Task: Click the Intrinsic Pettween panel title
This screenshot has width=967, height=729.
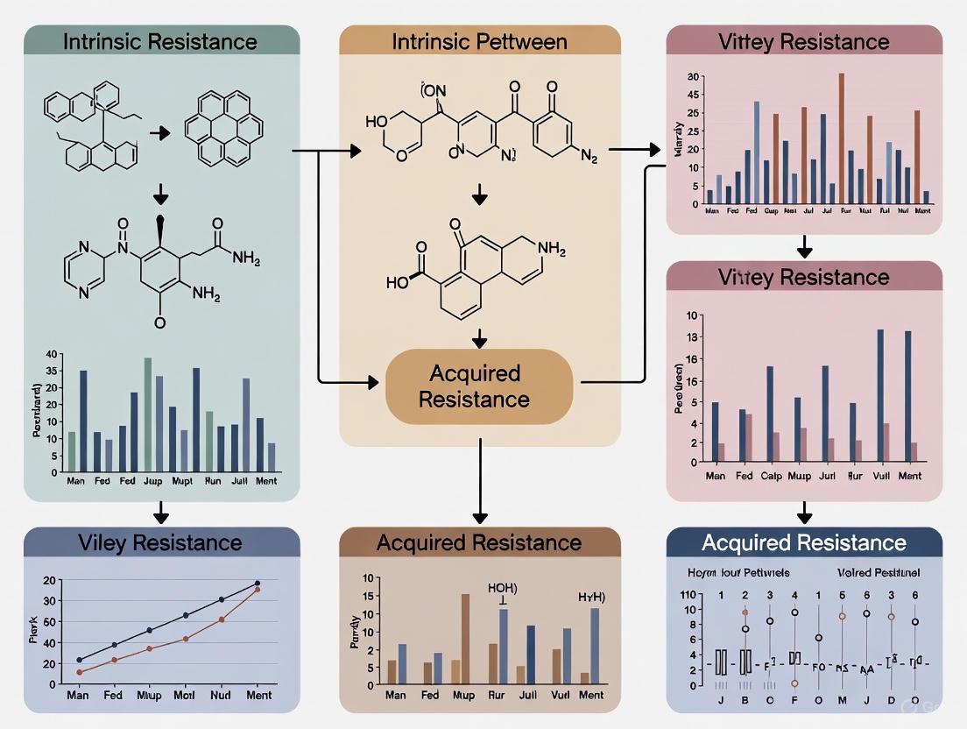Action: tap(479, 41)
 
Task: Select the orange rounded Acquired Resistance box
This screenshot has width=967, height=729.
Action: tap(479, 386)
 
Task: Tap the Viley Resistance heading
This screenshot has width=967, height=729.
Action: tap(161, 542)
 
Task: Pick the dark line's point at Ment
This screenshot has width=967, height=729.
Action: tap(258, 583)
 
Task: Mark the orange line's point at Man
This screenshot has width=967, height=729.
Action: tap(80, 672)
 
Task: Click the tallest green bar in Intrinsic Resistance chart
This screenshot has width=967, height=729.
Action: tap(148, 414)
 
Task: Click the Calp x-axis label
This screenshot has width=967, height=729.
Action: tap(772, 476)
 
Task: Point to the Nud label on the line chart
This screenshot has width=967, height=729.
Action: tap(221, 696)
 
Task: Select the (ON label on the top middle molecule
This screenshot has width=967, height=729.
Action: tap(433, 90)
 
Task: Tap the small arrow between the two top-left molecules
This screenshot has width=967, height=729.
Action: tap(160, 133)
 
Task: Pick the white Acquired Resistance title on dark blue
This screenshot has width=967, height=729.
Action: tap(804, 542)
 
